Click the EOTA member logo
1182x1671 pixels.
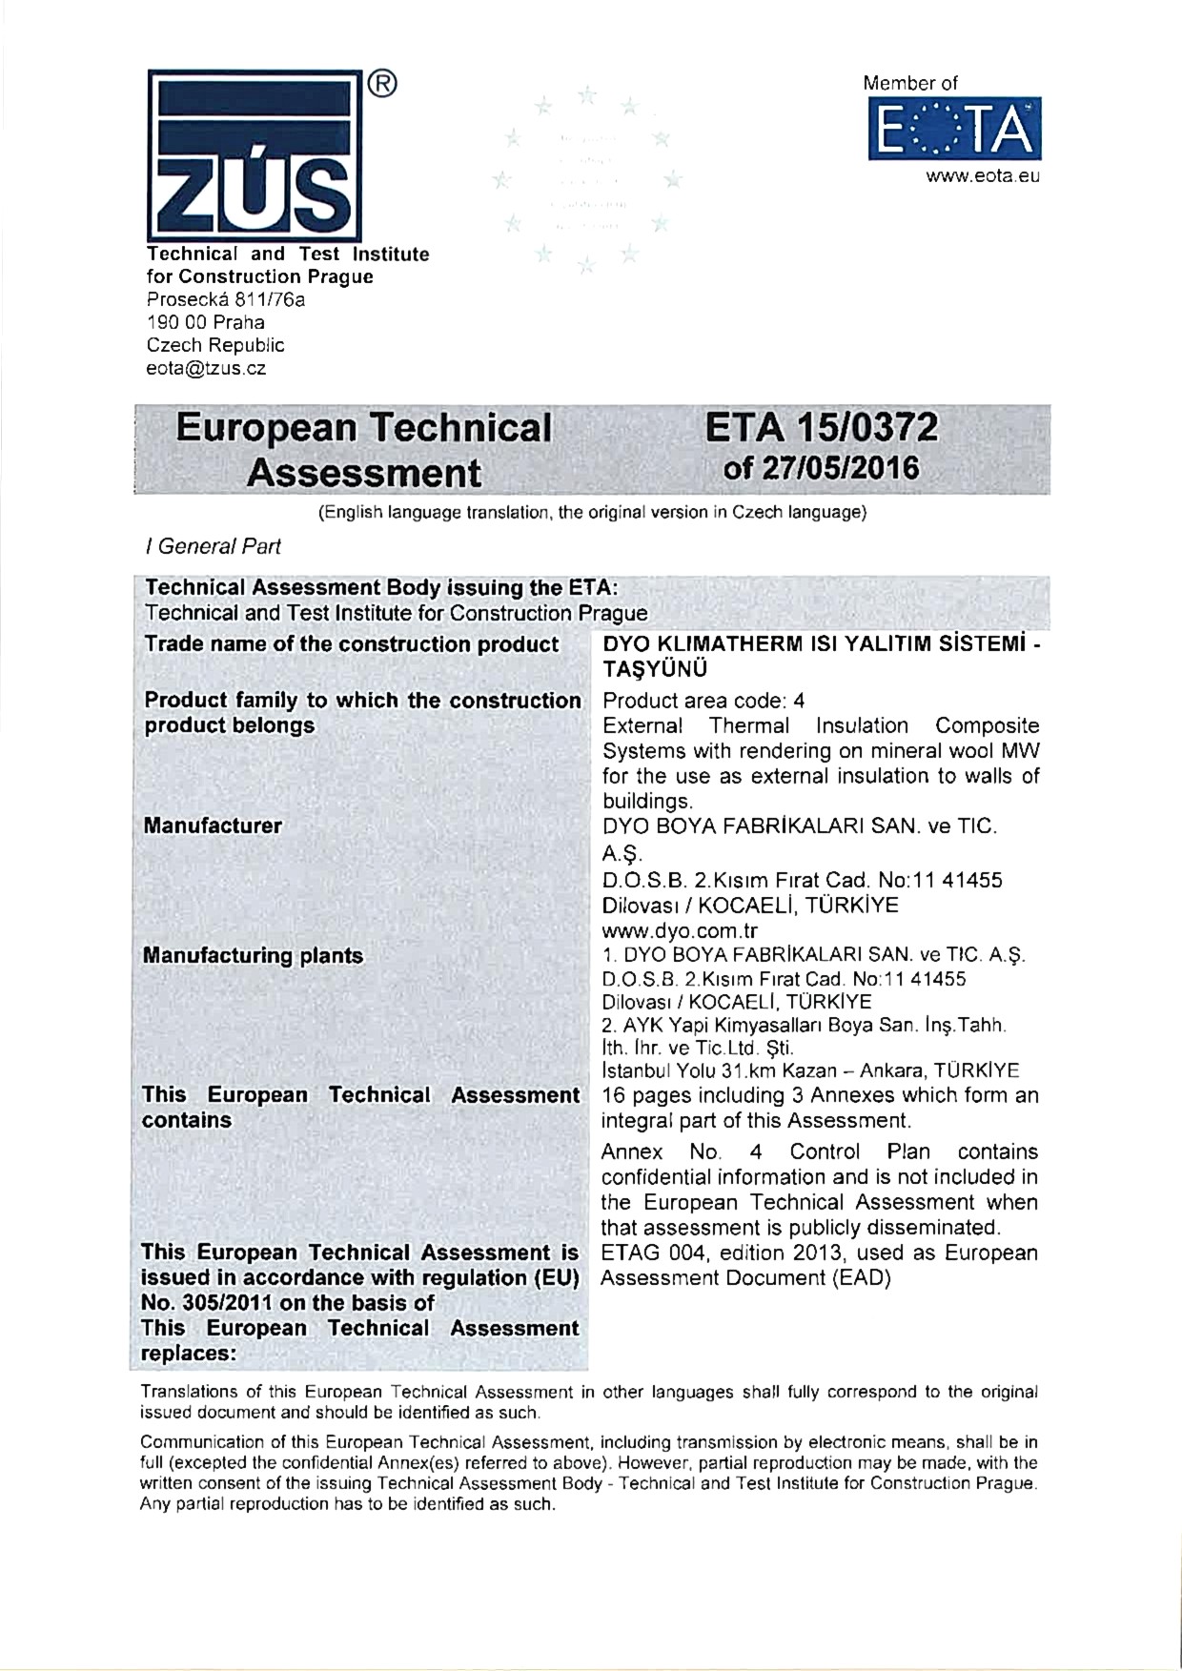pyautogui.click(x=954, y=132)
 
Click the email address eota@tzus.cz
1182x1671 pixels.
pyautogui.click(x=205, y=369)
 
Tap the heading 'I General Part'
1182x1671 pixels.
pyautogui.click(x=213, y=546)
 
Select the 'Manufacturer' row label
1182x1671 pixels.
pyautogui.click(x=213, y=825)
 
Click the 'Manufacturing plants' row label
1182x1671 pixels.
pyautogui.click(x=253, y=955)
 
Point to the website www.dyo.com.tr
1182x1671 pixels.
pyautogui.click(x=680, y=930)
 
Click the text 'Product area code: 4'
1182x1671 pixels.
pyautogui.click(x=703, y=701)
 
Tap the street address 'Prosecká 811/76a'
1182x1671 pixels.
pyautogui.click(x=226, y=299)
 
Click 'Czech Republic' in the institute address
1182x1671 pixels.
pyautogui.click(x=215, y=345)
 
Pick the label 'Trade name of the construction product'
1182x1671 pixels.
pyautogui.click(x=351, y=644)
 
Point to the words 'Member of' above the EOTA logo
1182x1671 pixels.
pyautogui.click(x=910, y=83)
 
